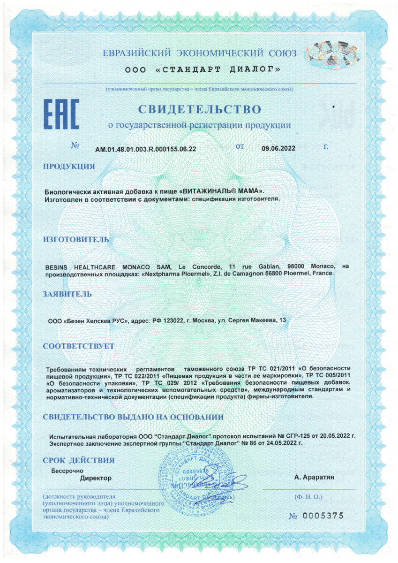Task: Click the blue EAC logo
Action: pos(61,114)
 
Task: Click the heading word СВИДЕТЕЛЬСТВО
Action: pos(199,109)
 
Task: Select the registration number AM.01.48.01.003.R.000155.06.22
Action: pos(145,149)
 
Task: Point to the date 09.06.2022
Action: pos(278,148)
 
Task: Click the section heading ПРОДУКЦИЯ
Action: pos(69,166)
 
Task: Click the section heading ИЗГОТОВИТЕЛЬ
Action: pos(76,239)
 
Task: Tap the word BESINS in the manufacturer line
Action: pos(57,266)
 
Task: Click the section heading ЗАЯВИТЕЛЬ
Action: pos(68,294)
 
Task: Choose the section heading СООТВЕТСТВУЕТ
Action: pos(78,346)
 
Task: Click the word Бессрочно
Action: pos(67,470)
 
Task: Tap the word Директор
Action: pos(96,478)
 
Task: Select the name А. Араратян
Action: pos(315,478)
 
